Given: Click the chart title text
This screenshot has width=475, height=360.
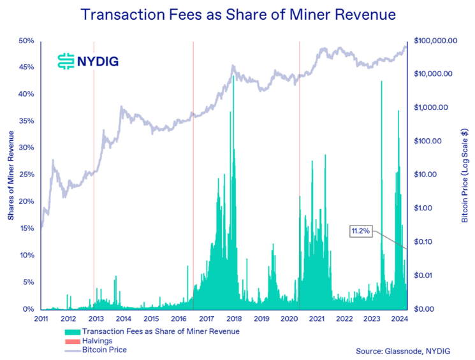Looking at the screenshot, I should pyautogui.click(x=237, y=14).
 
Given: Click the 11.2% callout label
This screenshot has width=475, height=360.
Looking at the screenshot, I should pyautogui.click(x=361, y=231).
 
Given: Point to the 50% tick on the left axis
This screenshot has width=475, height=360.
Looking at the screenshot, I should pyautogui.click(x=26, y=41).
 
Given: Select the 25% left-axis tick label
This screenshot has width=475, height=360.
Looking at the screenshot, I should pyautogui.click(x=26, y=175).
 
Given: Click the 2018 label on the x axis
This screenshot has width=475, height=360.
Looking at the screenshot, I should pyautogui.click(x=233, y=319).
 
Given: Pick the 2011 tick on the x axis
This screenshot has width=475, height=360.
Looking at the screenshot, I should pyautogui.click(x=41, y=319).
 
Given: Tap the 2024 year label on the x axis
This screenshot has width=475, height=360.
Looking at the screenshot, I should pyautogui.click(x=398, y=319).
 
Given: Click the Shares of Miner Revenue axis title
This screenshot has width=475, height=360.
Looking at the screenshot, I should pyautogui.click(x=11, y=175).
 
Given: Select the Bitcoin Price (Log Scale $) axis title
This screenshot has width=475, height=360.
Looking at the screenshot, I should pyautogui.click(x=465, y=175).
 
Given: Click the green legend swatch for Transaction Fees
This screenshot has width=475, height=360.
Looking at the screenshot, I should pyautogui.click(x=73, y=331).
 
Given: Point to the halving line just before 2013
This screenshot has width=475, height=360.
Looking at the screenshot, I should pyautogui.click(x=94, y=175).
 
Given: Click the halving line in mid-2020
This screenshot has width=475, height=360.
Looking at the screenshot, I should pyautogui.click(x=299, y=175).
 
